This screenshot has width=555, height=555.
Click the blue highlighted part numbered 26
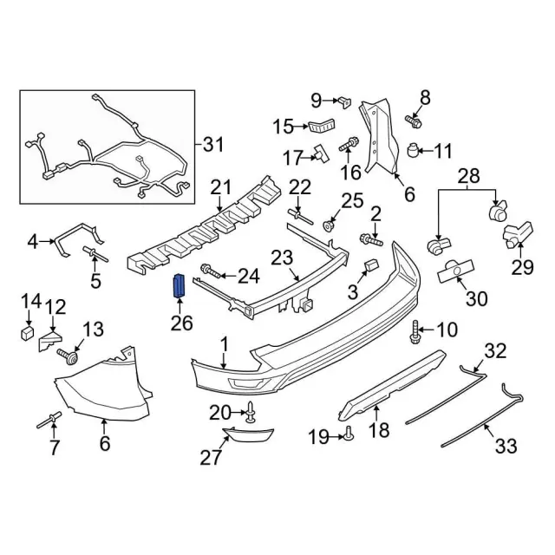tap(180, 284)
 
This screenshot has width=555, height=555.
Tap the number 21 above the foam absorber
tap(223, 187)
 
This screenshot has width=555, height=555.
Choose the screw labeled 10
tap(416, 329)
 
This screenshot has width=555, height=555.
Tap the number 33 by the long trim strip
tap(505, 446)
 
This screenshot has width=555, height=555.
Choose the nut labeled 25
tap(330, 225)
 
